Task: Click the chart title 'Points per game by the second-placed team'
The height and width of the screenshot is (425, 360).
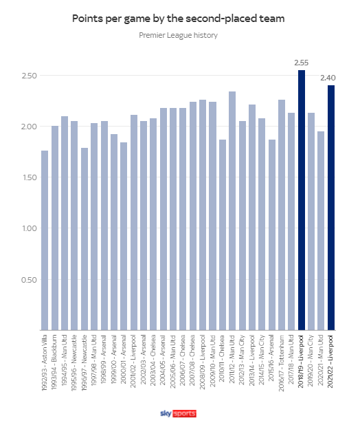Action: [178, 19]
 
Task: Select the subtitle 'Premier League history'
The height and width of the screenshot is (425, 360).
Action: [178, 35]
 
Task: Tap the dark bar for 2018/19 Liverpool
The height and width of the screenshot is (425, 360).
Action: [302, 200]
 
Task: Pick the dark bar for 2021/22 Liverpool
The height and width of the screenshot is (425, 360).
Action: [331, 208]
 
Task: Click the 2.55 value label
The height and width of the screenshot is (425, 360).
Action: [302, 63]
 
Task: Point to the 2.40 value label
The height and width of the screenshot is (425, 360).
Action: [328, 78]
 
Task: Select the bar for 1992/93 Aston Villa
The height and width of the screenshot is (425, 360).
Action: [45, 241]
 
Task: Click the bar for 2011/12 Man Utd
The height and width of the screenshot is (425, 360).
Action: [232, 211]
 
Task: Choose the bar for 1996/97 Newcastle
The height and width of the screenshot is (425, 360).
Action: [85, 239]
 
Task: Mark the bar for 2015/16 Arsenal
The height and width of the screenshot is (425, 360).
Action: [272, 235]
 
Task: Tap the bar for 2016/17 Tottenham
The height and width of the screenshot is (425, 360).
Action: [282, 215]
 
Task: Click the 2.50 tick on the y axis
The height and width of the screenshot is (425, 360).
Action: [29, 76]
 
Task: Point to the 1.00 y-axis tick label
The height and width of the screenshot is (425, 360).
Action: [30, 228]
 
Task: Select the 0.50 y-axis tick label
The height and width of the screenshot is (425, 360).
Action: [29, 280]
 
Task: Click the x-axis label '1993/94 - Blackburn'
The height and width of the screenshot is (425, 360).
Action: [54, 362]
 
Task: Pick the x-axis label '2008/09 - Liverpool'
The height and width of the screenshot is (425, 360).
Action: [202, 362]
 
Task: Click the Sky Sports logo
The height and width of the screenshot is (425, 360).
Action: [178, 413]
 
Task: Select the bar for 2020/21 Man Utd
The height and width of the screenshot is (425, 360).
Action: [321, 231]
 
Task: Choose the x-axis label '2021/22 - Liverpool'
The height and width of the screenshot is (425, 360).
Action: [330, 362]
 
